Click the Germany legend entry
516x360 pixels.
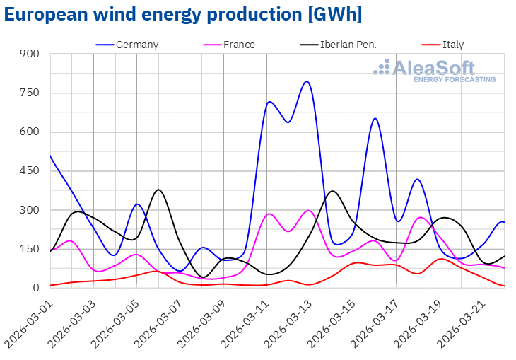click(137, 45)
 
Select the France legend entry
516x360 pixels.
click(238, 45)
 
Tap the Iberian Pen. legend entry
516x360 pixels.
click(348, 45)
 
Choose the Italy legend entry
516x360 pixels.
click(453, 45)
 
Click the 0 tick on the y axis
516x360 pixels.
click(36, 288)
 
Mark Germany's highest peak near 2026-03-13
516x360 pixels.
click(307, 81)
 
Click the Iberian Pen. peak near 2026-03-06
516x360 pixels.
click(159, 190)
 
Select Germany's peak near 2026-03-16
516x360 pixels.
click(375, 118)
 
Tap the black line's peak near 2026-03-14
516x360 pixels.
click(333, 191)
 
